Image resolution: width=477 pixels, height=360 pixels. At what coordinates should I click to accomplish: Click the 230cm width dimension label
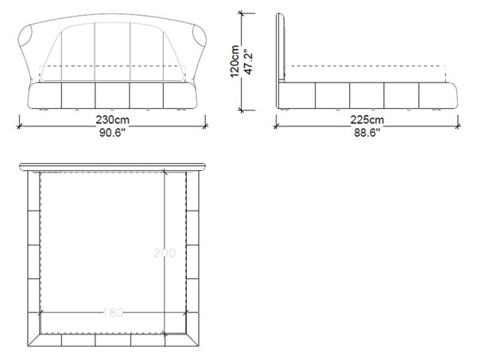[x=113, y=119]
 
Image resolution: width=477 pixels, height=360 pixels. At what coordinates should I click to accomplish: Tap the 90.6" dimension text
[x=113, y=133]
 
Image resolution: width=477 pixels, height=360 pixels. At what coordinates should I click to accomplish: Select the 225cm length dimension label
[x=367, y=119]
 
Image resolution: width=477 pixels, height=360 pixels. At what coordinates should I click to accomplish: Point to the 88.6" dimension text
[x=367, y=133]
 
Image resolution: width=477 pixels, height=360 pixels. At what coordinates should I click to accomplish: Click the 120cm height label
[x=235, y=61]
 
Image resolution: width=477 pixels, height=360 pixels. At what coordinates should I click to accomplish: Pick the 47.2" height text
[x=249, y=64]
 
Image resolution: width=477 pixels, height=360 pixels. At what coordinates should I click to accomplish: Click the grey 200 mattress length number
[x=165, y=253]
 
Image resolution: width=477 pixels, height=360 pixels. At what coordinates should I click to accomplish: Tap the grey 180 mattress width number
[x=113, y=312]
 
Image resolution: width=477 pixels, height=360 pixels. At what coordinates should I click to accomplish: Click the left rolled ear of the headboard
[x=25, y=35]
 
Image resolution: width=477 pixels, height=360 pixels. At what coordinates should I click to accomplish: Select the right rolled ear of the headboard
[x=200, y=35]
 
